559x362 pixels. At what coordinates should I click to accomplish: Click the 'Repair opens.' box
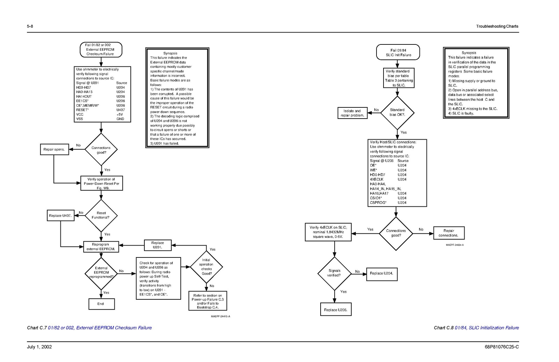(x=54, y=149)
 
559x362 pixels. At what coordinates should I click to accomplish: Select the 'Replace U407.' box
(x=60, y=215)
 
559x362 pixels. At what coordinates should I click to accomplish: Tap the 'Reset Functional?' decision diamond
(x=101, y=215)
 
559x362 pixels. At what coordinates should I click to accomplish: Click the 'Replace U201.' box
(x=158, y=245)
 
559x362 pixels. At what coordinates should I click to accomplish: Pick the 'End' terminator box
(x=101, y=304)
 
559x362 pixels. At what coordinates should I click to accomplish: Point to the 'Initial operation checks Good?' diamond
(x=206, y=267)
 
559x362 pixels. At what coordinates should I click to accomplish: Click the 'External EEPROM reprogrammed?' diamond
(x=101, y=273)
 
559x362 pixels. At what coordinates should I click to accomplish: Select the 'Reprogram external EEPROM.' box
(x=101, y=247)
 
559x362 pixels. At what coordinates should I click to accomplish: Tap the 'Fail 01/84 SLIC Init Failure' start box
(x=398, y=52)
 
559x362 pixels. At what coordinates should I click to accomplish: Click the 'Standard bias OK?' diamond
(x=397, y=113)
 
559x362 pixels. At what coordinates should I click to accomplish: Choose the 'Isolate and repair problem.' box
(x=352, y=113)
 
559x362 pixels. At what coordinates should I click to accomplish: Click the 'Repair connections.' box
(x=449, y=233)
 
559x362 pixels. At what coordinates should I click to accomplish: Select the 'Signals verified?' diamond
(x=334, y=273)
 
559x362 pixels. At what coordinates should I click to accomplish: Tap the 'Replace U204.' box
(x=381, y=274)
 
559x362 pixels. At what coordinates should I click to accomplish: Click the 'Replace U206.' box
(x=336, y=310)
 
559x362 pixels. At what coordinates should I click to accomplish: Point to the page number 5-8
(x=30, y=26)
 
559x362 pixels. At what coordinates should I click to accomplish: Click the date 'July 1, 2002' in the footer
(x=39, y=347)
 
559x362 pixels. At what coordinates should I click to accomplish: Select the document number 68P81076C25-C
(x=502, y=347)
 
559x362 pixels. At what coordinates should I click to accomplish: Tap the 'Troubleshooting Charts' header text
(x=497, y=26)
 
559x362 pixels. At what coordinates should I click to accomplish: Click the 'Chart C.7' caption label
(x=37, y=328)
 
